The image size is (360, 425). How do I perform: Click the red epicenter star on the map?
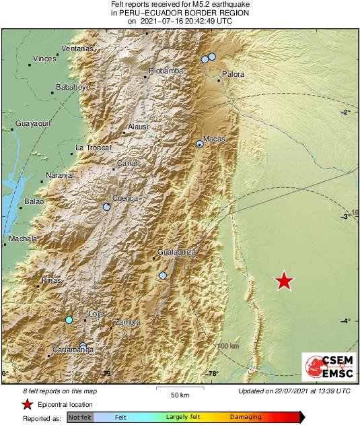click(285, 281)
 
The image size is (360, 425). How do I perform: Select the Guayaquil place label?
click(34, 124)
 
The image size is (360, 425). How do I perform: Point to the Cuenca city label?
click(124, 198)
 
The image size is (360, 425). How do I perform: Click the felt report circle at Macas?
click(200, 143)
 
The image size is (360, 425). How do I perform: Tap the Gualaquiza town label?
click(176, 252)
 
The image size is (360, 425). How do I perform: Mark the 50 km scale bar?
click(178, 389)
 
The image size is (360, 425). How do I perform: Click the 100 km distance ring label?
click(229, 346)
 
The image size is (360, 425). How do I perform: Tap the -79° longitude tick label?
click(106, 374)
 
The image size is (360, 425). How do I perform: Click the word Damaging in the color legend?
click(246, 418)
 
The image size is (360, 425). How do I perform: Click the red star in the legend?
click(28, 405)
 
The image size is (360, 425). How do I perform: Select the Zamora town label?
click(128, 323)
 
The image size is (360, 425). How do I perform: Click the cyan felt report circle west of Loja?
click(69, 320)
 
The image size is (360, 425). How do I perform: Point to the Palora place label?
click(233, 74)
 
